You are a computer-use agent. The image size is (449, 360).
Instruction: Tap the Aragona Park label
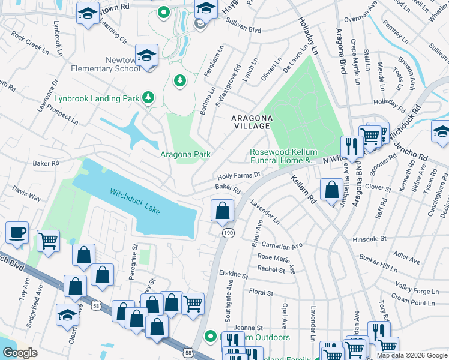(x=185, y=154)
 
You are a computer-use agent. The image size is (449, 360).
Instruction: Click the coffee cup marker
(x=17, y=233)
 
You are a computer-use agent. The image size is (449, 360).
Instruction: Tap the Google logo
(x=20, y=353)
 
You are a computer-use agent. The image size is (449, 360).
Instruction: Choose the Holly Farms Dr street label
(x=238, y=176)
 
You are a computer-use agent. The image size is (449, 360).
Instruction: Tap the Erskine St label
(x=233, y=275)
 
